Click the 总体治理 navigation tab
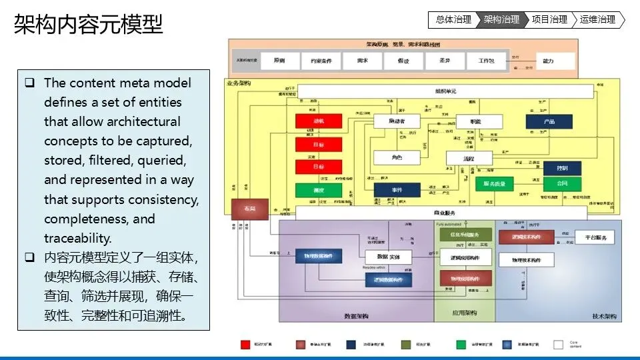point(453,20)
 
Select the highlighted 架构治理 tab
point(501,20)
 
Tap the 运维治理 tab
point(597,20)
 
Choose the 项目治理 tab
point(549,20)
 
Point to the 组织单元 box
point(445,91)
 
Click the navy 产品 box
point(549,122)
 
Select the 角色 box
point(397,157)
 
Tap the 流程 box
point(469,158)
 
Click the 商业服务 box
point(440,213)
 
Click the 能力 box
point(548,61)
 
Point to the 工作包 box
point(486,61)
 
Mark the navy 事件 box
point(397,190)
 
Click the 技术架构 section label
point(604,316)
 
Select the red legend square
point(245,345)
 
